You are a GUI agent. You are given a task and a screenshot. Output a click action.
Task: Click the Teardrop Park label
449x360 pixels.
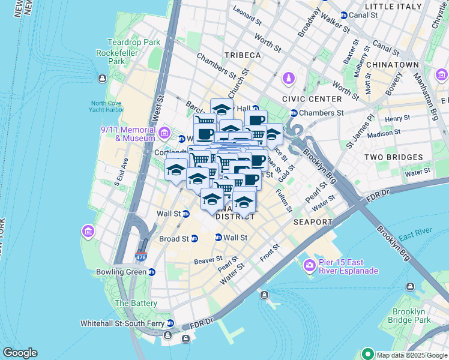coord(133,42)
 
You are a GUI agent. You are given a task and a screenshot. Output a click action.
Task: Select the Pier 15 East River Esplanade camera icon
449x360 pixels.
coord(310,265)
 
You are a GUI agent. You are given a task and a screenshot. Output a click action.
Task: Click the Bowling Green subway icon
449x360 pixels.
coord(152,272)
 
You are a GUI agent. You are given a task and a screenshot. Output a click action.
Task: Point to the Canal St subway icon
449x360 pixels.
coord(343,15)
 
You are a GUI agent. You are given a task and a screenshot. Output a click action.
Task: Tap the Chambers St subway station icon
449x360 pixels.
coord(294,113)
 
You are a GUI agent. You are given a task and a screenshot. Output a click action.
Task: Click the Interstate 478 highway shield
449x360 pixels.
coord(142,257)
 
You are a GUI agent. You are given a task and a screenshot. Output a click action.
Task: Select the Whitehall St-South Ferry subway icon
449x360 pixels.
coord(169,323)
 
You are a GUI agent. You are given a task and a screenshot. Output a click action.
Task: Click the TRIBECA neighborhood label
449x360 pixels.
coord(243,55)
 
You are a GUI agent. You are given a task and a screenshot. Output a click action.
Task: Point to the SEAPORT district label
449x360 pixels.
coord(313,222)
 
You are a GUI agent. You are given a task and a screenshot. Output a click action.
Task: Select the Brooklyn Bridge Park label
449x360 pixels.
coord(411,316)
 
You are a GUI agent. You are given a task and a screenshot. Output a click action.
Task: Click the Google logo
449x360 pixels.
coord(20,353)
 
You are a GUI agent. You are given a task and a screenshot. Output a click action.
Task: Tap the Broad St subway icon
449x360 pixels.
coord(194,239)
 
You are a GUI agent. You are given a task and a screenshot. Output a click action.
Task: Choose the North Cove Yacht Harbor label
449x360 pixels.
coord(107,106)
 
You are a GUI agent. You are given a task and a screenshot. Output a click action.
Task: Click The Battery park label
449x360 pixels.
coord(136,304)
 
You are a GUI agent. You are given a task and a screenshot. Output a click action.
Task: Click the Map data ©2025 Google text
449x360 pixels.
coord(412,355)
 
